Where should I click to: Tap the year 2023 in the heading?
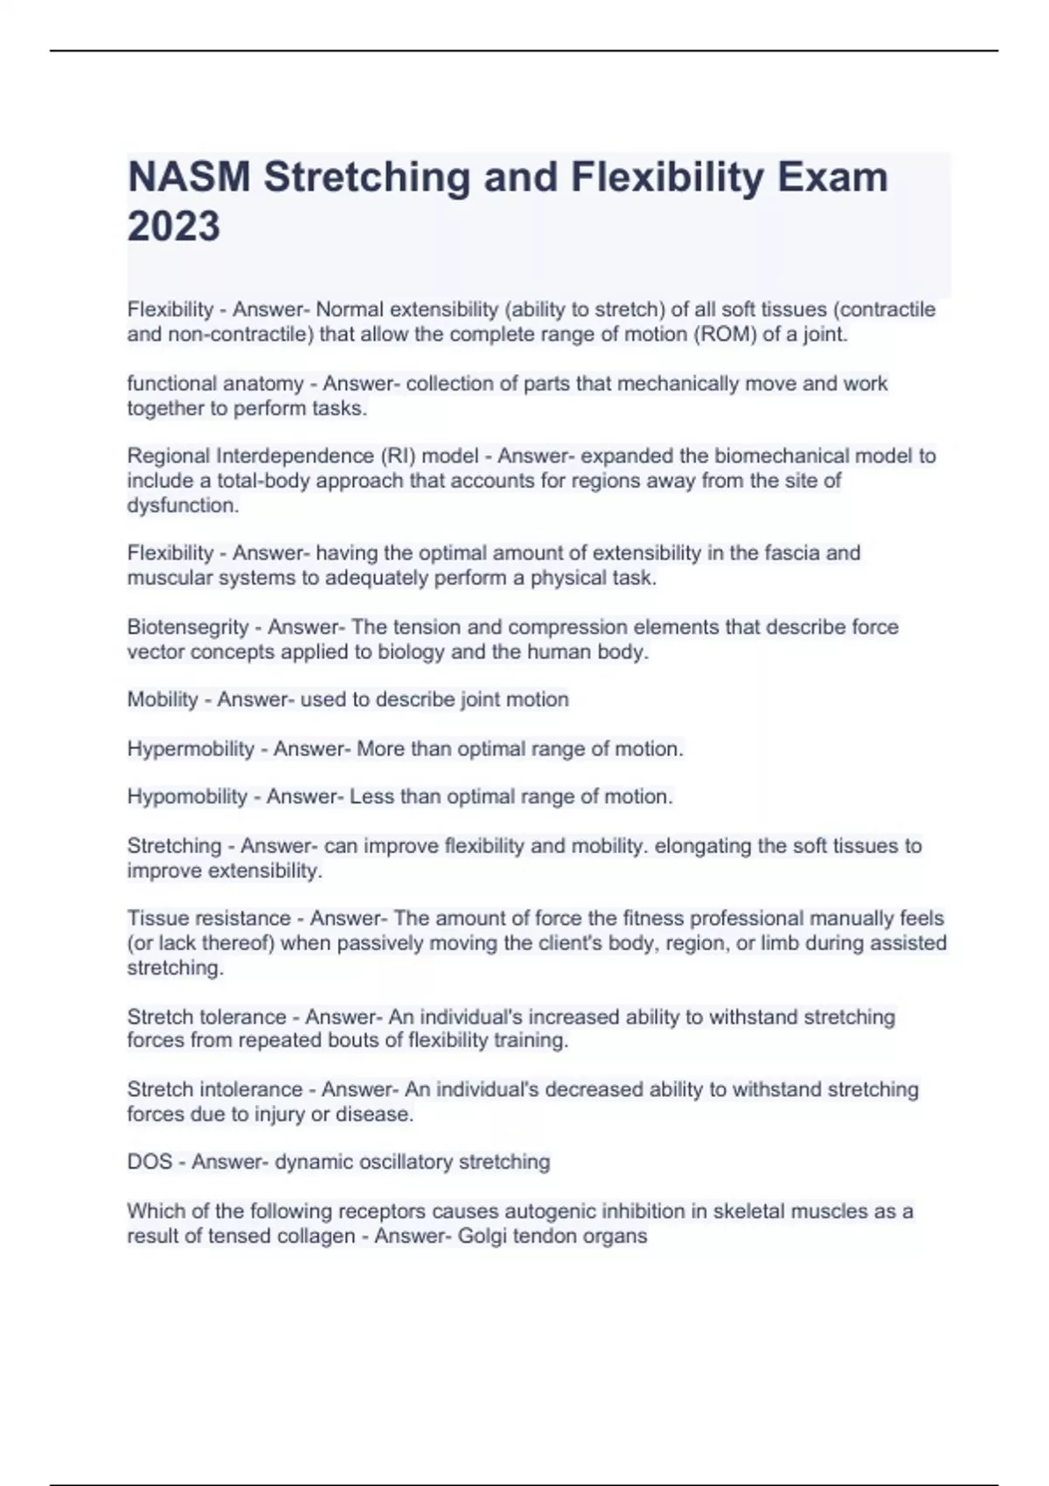[x=174, y=226]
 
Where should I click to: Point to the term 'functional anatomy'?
[x=215, y=384]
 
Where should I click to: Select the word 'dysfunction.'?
[x=183, y=505]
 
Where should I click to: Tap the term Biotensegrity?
[x=188, y=627]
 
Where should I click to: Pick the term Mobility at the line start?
[x=163, y=699]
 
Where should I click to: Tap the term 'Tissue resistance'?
[x=209, y=919]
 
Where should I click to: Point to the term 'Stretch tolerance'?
[x=206, y=1017]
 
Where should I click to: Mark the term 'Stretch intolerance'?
[x=214, y=1090]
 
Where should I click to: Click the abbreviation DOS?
[x=149, y=1162]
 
